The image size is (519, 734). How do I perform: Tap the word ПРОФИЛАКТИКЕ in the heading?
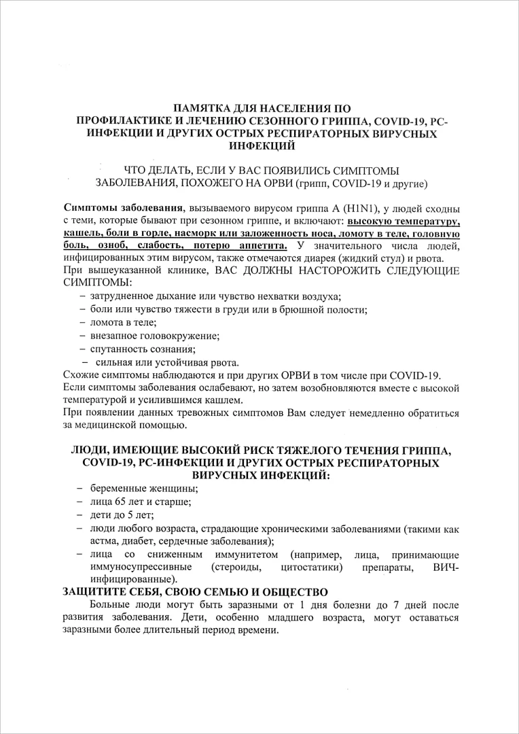pyautogui.click(x=126, y=121)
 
